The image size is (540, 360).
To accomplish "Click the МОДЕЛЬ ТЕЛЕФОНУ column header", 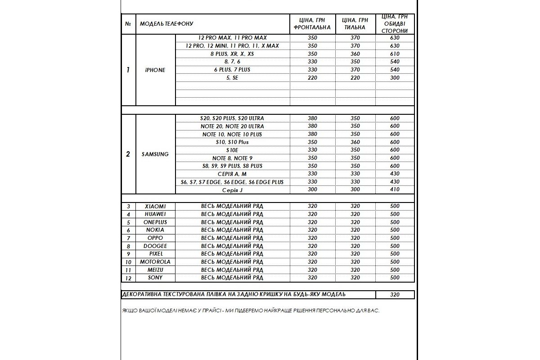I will click(166, 23).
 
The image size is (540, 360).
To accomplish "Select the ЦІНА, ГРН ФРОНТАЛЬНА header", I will click(312, 23).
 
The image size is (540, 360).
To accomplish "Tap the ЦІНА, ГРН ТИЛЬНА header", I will click(355, 23).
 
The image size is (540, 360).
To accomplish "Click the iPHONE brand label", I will click(155, 70).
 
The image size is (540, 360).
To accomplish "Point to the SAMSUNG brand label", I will click(155, 154).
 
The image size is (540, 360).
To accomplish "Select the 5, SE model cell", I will click(232, 78).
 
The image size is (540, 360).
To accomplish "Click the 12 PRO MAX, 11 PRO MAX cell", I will click(232, 38).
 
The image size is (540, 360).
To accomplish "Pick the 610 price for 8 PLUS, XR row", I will click(395, 54).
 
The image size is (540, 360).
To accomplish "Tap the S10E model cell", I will click(232, 150).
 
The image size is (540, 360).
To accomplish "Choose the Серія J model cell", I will click(232, 190).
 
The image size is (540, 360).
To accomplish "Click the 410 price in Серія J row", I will click(395, 190).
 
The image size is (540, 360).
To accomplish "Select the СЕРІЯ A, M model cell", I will click(232, 174).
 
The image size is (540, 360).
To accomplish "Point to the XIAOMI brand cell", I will click(155, 206).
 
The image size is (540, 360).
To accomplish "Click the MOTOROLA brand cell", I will click(155, 262).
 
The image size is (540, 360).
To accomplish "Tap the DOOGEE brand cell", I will click(155, 246).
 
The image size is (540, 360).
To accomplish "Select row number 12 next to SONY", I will click(128, 278).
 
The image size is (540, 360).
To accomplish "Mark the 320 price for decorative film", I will click(395, 295).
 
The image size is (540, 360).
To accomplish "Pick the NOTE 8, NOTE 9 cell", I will click(232, 158).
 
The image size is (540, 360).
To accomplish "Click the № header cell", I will click(128, 23).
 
